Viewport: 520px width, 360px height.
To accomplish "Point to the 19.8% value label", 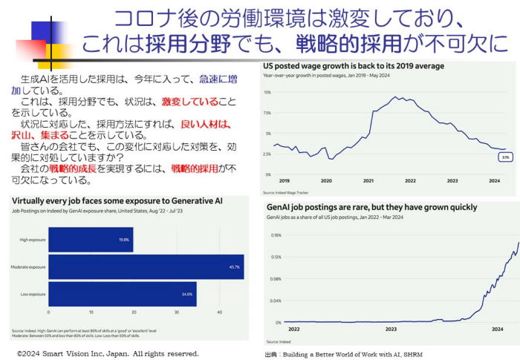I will coord(125,240).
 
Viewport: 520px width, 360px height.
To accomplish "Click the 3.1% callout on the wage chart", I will coord(504,158).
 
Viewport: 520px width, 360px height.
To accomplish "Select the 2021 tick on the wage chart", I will coord(368,180).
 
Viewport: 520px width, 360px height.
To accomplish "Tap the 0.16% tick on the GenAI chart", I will coord(276,235).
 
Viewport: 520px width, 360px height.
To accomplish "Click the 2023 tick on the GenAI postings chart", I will coord(391,328).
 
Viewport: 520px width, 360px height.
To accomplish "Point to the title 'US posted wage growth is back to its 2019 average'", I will coord(354,66).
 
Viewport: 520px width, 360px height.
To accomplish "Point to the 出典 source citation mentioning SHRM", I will coord(343,355).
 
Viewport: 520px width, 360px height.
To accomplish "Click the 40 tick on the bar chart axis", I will coord(220,314).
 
